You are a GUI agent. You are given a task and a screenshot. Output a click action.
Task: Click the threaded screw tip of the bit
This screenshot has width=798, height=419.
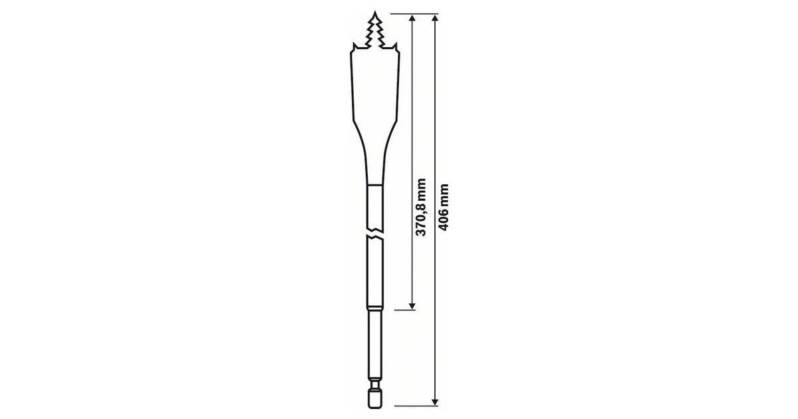click(x=374, y=30)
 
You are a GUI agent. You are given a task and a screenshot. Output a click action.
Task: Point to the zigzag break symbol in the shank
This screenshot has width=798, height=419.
click(x=374, y=236)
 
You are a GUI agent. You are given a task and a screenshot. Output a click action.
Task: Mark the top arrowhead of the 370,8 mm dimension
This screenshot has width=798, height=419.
click(x=412, y=19)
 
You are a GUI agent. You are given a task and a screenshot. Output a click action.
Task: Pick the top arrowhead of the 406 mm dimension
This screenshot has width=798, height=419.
click(x=435, y=19)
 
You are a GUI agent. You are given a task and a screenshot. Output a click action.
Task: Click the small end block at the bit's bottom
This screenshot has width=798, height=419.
click(x=374, y=397)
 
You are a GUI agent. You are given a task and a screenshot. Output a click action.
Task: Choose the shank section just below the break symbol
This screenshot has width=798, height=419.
click(x=374, y=273)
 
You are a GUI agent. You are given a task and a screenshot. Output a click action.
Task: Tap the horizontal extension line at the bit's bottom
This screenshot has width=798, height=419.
click(x=412, y=404)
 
